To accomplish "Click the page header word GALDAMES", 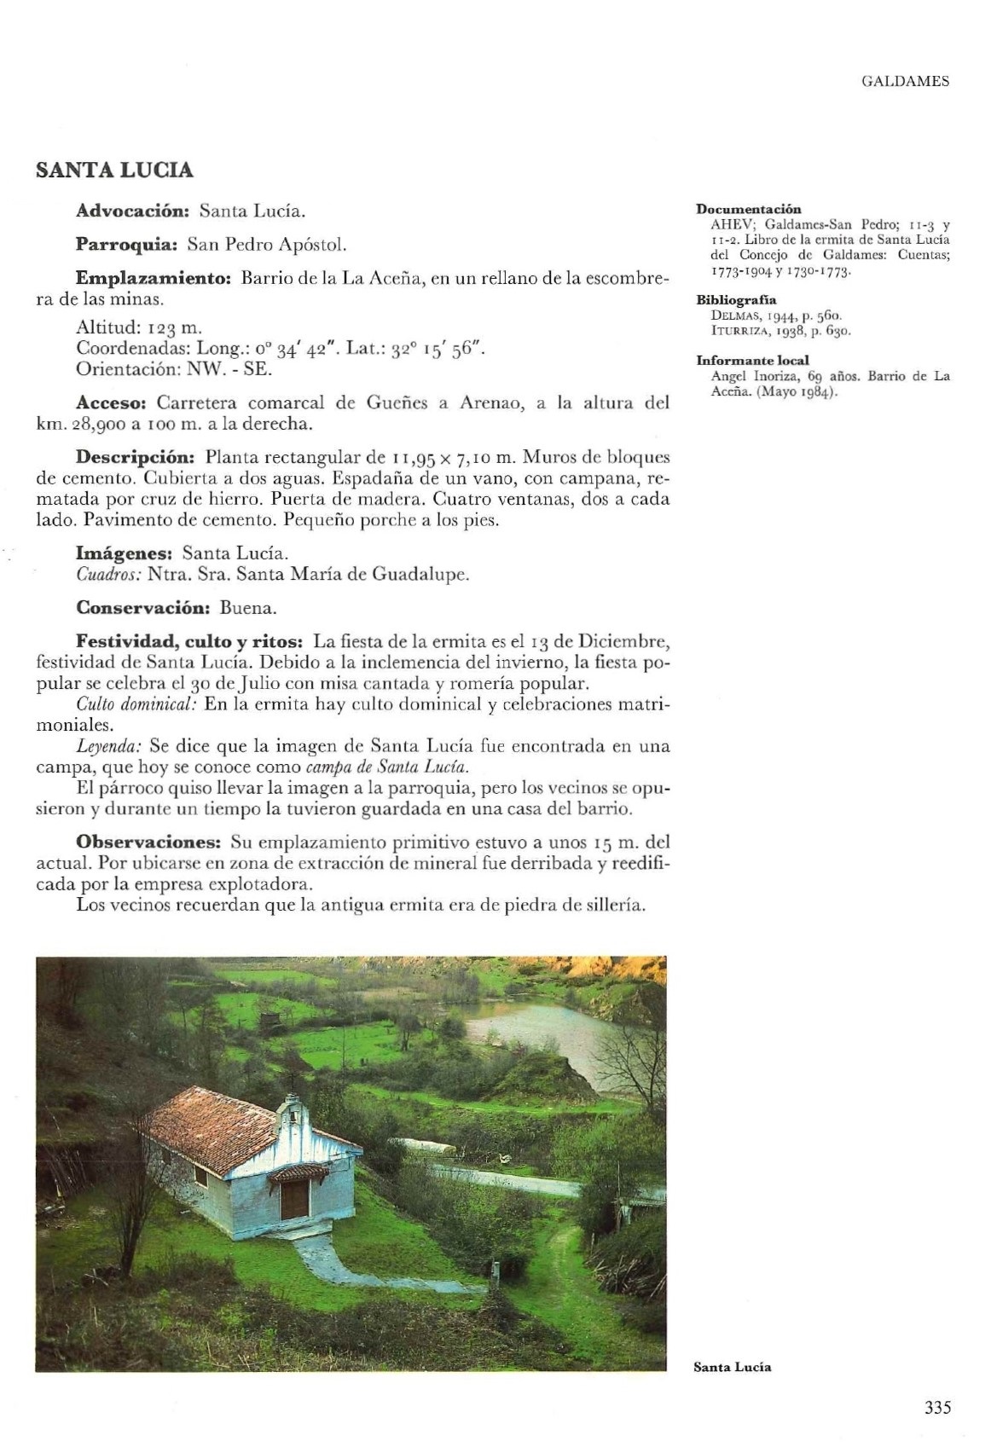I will tap(905, 82).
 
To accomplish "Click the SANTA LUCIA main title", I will tap(114, 171).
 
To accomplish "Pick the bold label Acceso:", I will tap(112, 402).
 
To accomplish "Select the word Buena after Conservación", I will tap(248, 608).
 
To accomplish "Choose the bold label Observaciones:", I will tap(149, 842).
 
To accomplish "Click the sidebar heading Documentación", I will tap(748, 209).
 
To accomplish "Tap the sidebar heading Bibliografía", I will tap(736, 299).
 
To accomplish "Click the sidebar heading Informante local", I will tap(752, 360).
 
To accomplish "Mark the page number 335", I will tap(936, 1407).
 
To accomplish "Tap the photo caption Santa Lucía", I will tap(732, 1367).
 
